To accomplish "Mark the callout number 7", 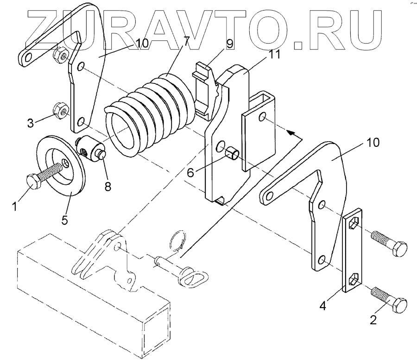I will (x=186, y=41).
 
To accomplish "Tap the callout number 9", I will (x=230, y=44).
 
